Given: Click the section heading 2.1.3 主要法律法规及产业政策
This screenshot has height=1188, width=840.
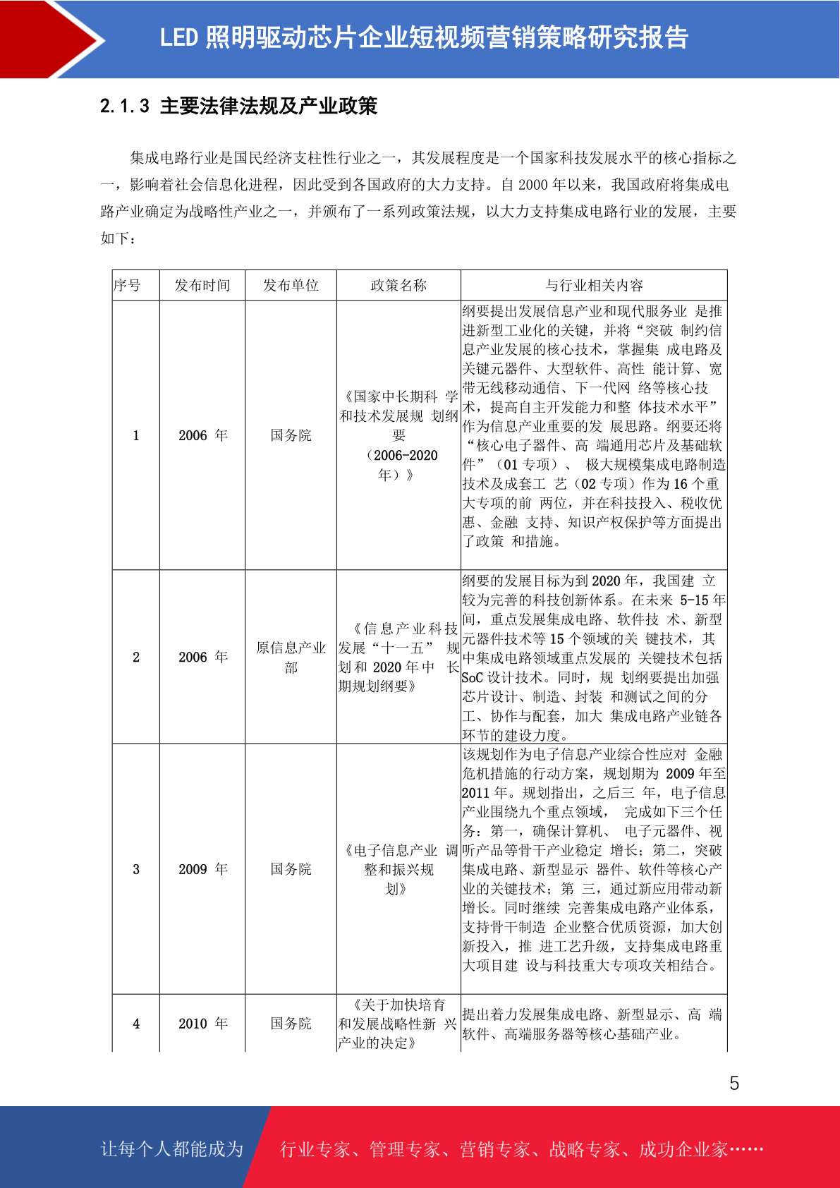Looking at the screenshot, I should (238, 107).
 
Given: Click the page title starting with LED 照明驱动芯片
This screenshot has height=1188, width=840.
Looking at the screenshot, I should (424, 38).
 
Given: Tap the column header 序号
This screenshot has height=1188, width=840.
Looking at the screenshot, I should (128, 285).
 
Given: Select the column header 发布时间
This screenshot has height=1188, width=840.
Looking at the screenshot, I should (202, 285).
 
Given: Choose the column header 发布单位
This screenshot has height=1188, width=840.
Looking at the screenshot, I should (291, 285).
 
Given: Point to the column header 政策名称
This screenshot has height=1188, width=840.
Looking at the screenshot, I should (398, 285).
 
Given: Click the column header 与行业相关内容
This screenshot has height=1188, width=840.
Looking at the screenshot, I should (594, 285).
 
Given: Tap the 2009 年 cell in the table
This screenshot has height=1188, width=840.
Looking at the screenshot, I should (203, 869).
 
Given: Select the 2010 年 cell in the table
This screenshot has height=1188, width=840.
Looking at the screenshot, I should (203, 1024).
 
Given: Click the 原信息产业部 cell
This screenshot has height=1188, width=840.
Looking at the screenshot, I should (291, 657).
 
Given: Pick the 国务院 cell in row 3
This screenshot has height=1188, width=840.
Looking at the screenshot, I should (291, 869).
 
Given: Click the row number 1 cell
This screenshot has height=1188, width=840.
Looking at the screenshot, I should (136, 435).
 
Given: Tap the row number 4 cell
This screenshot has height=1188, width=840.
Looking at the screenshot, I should (136, 1024).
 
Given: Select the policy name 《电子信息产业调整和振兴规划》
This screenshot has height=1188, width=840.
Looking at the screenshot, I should (398, 869).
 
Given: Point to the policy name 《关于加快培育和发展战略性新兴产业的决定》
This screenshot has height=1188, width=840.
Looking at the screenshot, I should (398, 1024).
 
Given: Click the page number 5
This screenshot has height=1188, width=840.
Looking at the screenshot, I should (734, 1084).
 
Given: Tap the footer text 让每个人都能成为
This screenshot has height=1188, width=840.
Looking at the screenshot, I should (172, 1149).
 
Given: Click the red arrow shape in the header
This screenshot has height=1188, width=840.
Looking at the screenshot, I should (49, 39).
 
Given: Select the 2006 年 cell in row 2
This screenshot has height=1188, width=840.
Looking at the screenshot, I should (203, 657).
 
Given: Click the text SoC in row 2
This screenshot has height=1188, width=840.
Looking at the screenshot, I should (473, 678).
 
